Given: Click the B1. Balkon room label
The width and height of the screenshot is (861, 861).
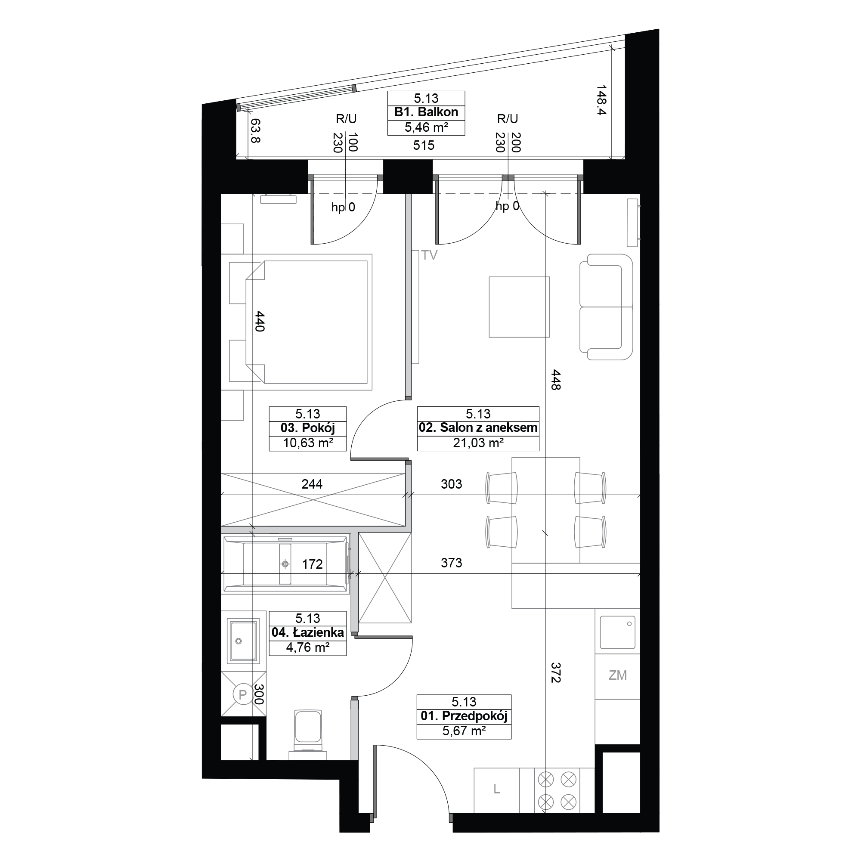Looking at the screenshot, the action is pyautogui.click(x=426, y=112).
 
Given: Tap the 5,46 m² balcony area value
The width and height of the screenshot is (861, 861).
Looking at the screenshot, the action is pyautogui.click(x=426, y=128).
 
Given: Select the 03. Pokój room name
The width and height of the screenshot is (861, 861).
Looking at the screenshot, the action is pyautogui.click(x=307, y=428).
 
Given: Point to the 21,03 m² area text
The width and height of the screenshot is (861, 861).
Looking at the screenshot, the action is pyautogui.click(x=478, y=443).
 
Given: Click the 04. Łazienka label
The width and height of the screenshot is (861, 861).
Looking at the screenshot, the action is pyautogui.click(x=307, y=633).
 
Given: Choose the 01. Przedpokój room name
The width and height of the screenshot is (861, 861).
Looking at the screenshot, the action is pyautogui.click(x=464, y=716).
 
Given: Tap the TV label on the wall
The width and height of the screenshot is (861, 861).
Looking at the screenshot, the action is pyautogui.click(x=430, y=255).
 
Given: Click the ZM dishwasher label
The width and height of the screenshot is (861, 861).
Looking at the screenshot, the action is pyautogui.click(x=618, y=675).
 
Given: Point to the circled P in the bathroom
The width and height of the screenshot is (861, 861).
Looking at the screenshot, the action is pyautogui.click(x=243, y=694).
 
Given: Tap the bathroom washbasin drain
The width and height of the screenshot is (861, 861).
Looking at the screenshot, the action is pyautogui.click(x=238, y=641).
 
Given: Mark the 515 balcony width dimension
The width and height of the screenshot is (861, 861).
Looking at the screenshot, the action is pyautogui.click(x=423, y=145).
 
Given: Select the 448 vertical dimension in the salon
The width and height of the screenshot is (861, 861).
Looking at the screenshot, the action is pyautogui.click(x=555, y=380).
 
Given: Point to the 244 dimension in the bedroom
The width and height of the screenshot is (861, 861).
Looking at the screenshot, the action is pyautogui.click(x=312, y=484).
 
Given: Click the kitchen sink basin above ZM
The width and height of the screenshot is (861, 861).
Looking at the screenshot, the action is pyautogui.click(x=617, y=632).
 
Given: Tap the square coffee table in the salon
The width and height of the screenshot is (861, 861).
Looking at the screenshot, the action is pyautogui.click(x=519, y=307).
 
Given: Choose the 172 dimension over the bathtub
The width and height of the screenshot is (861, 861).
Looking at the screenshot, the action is pyautogui.click(x=312, y=564).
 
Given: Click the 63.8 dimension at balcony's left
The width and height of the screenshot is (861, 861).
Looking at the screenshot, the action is pyautogui.click(x=255, y=130).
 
